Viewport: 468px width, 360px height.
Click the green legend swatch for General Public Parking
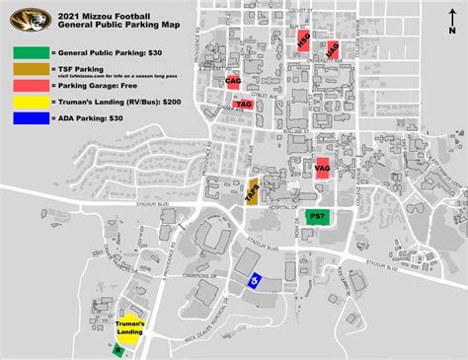click(x=27, y=52)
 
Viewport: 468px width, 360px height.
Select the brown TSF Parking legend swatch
click(x=27, y=69)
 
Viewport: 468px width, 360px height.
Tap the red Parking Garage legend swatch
click(x=27, y=86)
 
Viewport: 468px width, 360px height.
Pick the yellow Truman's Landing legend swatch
click(x=27, y=102)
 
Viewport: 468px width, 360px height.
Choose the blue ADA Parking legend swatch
click(x=27, y=118)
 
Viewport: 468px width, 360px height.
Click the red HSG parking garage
click(x=303, y=39)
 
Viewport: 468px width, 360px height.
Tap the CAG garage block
click(x=233, y=81)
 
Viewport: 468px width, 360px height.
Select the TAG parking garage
click(x=243, y=103)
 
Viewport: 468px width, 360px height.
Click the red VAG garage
click(x=321, y=168)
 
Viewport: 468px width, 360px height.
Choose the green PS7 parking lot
click(x=318, y=216)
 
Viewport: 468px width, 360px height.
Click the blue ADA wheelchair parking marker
click(x=254, y=280)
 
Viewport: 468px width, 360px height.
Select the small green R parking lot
click(x=117, y=349)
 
